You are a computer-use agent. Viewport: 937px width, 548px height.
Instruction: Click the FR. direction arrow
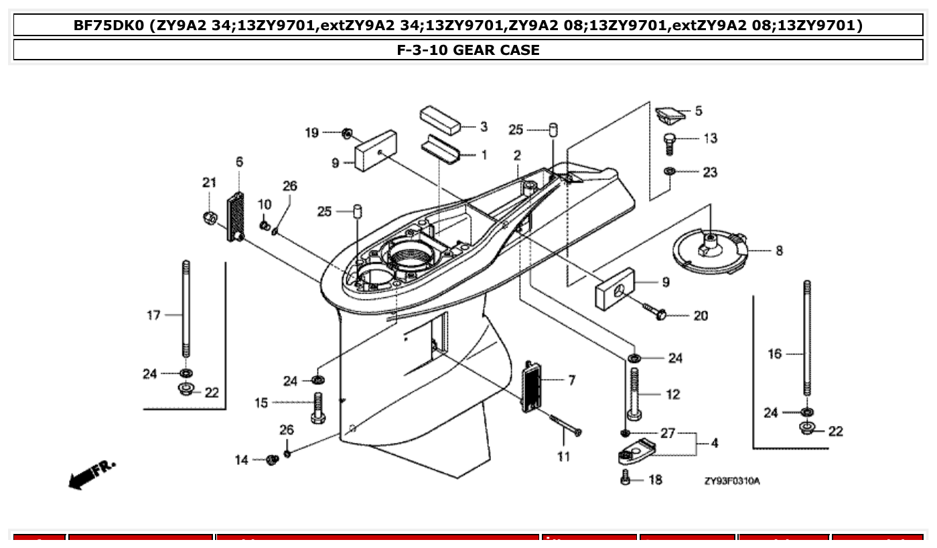[x=91, y=474]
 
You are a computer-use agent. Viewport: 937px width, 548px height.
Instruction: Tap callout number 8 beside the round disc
[x=779, y=251]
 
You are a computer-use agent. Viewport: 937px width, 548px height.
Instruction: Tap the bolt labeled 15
[x=318, y=406]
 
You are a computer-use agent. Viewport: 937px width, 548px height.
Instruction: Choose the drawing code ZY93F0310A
[x=732, y=481]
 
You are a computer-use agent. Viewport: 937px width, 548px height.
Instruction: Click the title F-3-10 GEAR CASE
[x=468, y=50]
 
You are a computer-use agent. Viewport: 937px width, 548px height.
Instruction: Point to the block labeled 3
[x=440, y=119]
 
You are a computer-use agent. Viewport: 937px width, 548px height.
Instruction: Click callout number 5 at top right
[x=699, y=111]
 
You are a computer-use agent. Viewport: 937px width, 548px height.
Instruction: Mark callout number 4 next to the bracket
[x=715, y=443]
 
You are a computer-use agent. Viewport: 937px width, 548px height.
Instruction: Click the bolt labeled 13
[x=668, y=143]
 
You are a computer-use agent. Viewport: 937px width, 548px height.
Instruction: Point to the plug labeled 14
[x=272, y=460]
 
